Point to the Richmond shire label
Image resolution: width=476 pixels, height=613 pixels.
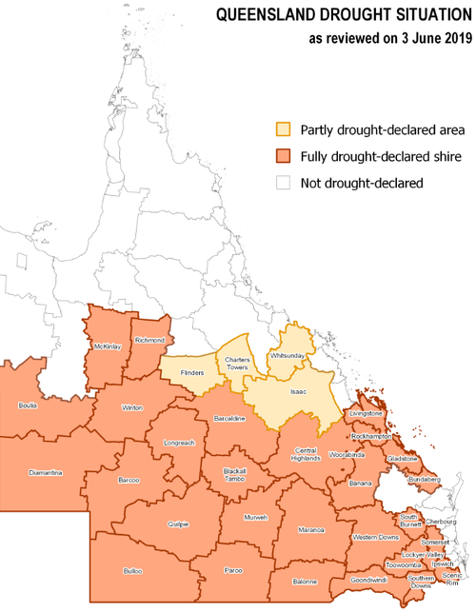pyautogui.click(x=150, y=340)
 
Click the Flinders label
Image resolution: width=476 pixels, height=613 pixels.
pyautogui.click(x=192, y=372)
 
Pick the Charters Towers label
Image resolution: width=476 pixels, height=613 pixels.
pyautogui.click(x=237, y=364)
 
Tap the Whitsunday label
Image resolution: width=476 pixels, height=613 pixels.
pyautogui.click(x=287, y=355)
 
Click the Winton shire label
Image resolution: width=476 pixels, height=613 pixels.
pyautogui.click(x=131, y=408)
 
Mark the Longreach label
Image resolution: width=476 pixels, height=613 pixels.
pyautogui.click(x=178, y=444)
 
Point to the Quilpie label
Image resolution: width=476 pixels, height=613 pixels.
pyautogui.click(x=178, y=524)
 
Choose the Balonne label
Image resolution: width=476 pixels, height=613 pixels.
pyautogui.click(x=305, y=580)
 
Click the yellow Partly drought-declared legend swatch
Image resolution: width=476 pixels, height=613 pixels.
pyautogui.click(x=283, y=129)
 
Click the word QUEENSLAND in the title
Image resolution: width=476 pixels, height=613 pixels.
pyautogui.click(x=265, y=16)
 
